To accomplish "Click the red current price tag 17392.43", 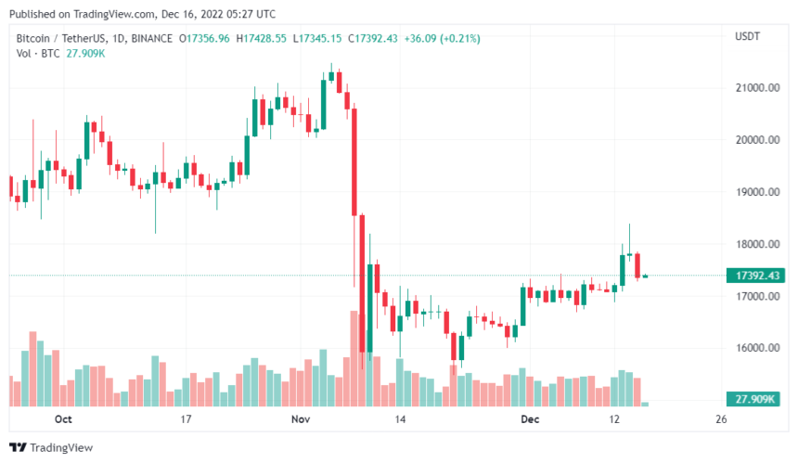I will coord(756,276).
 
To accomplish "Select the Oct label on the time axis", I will coord(63,419).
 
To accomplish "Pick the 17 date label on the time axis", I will coord(186,419).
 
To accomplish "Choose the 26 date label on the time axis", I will coord(722,419).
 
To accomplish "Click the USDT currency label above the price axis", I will coord(748,36).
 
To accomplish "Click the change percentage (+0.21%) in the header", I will coord(461,38).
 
